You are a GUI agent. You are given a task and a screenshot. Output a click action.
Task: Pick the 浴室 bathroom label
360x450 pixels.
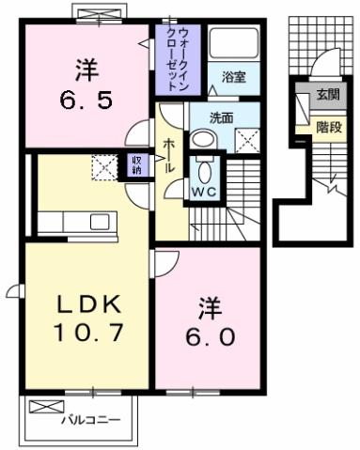pyautogui.click(x=234, y=78)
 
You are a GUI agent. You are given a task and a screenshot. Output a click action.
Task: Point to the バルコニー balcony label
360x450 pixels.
pyautogui.click(x=91, y=420)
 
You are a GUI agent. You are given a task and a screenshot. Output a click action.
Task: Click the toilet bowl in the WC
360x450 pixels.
pyautogui.click(x=204, y=171)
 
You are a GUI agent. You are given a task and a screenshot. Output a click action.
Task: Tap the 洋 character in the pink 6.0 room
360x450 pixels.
pyautogui.click(x=209, y=306)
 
